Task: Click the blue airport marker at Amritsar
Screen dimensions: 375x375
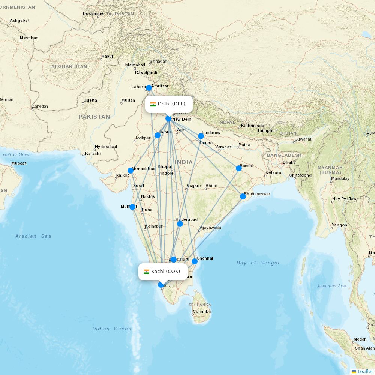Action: click(x=149, y=88)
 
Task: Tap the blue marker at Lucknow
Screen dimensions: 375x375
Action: click(x=201, y=136)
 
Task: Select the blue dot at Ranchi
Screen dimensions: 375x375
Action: click(x=239, y=168)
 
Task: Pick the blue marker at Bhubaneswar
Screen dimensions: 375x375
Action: click(x=243, y=196)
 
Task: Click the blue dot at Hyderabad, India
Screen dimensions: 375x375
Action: click(x=180, y=224)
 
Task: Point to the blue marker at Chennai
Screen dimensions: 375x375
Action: click(x=195, y=261)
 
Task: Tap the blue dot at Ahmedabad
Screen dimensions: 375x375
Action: click(x=130, y=171)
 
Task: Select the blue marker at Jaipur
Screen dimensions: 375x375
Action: click(x=157, y=135)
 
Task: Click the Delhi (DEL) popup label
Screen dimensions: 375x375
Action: click(x=169, y=104)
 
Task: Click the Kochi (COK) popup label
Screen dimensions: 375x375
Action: click(x=163, y=271)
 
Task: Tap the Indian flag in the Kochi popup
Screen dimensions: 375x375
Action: click(x=146, y=271)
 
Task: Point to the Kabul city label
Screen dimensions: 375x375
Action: click(x=107, y=57)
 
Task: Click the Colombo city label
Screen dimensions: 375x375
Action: click(x=202, y=311)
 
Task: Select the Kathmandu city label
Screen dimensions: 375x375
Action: click(x=252, y=126)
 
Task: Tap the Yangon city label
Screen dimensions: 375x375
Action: click(x=339, y=225)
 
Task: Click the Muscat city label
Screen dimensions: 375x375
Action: click(x=19, y=163)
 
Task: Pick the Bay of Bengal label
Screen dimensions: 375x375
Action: click(x=258, y=263)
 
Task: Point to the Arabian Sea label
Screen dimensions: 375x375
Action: click(x=33, y=236)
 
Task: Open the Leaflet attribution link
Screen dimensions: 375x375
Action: click(x=365, y=371)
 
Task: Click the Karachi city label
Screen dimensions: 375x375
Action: click(x=93, y=153)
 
